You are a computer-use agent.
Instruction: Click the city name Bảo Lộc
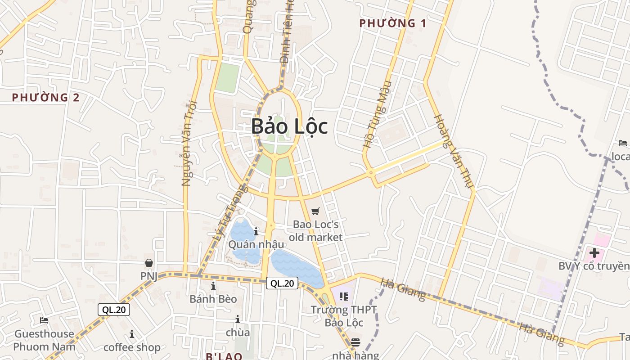coord(289,126)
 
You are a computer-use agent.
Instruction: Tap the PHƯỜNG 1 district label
coord(393,23)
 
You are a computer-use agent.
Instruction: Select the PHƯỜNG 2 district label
coord(46,97)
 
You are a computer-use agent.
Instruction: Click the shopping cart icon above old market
coord(315,211)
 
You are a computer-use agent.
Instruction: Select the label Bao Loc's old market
coord(315,230)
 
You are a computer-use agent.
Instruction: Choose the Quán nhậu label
coord(256,244)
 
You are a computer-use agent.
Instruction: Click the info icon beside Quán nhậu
coord(256,232)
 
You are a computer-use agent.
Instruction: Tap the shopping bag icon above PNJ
coord(149,263)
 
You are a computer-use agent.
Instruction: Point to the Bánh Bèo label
coord(213,299)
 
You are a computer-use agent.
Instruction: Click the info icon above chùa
coord(237,319)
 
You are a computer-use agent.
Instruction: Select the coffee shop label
coord(132,347)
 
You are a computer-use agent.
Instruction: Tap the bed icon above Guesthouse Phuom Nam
coord(44,320)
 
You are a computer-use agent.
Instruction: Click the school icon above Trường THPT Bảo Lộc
coord(344,297)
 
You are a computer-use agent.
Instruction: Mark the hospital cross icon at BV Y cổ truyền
coord(594,253)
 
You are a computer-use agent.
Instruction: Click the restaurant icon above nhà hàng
coord(355,342)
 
